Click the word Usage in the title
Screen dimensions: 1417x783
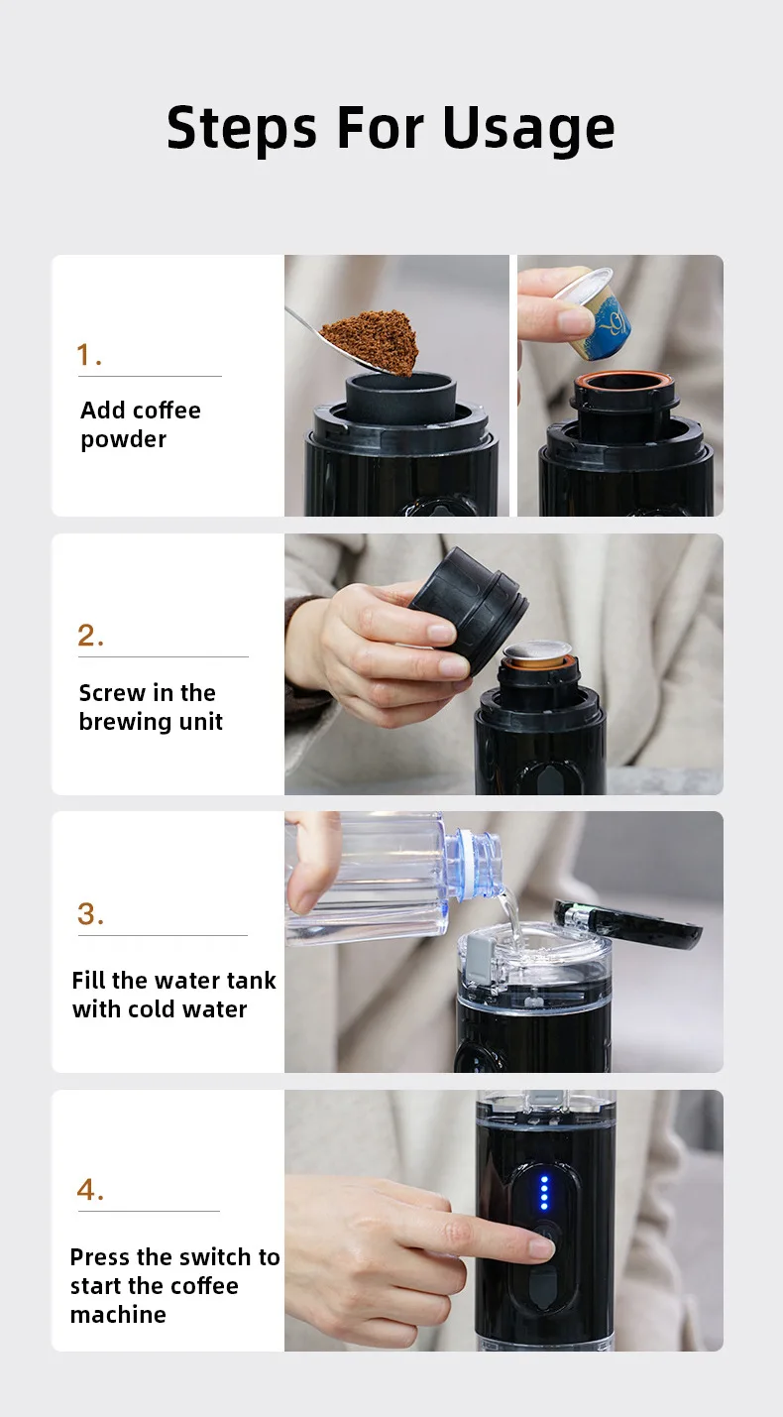pos(528,129)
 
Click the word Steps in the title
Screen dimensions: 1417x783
pos(243,127)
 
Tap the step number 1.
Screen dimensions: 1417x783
pos(89,355)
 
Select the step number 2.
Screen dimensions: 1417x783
pos(90,636)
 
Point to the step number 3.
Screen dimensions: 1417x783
pos(90,914)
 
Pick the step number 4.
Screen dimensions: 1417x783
pos(90,1189)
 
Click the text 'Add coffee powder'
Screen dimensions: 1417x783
pos(140,424)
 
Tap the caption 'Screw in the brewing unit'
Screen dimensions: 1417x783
pos(150,707)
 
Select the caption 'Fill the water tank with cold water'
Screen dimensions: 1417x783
pos(173,995)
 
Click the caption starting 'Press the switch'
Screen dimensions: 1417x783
pos(174,1285)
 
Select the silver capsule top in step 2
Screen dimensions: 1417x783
pos(538,652)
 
